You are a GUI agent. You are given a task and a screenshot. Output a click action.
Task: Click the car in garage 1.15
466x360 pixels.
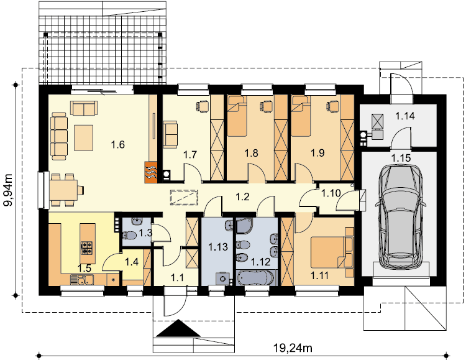point(400,216)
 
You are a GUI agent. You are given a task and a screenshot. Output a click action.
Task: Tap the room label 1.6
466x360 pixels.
point(117,145)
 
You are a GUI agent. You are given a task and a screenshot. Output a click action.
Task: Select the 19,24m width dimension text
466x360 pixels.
point(293,348)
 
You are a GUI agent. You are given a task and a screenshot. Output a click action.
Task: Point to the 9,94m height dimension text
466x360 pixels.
point(8,190)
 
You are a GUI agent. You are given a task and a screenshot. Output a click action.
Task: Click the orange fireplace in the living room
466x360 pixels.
point(151,172)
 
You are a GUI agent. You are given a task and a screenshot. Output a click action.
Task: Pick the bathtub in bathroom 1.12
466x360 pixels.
point(256,278)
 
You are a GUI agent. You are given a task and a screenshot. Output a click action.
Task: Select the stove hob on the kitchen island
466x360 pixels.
point(88,248)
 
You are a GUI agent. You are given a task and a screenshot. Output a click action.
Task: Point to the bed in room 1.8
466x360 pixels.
point(237,116)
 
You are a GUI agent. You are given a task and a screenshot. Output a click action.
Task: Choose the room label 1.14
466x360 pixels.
point(405,116)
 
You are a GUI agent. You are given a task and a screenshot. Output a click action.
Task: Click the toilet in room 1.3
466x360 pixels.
point(129,236)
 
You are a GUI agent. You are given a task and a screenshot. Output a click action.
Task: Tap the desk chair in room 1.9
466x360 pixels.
point(332,106)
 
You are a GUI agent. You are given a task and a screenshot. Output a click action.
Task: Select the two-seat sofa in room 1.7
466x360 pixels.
point(170,134)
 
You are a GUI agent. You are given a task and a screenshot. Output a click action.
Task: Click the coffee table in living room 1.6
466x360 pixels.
point(84,138)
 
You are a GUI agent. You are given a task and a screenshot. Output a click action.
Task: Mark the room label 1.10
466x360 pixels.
point(331,193)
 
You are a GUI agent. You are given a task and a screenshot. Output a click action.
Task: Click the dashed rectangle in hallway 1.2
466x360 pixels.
point(184,197)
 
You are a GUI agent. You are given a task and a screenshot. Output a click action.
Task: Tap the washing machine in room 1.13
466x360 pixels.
point(222,279)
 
